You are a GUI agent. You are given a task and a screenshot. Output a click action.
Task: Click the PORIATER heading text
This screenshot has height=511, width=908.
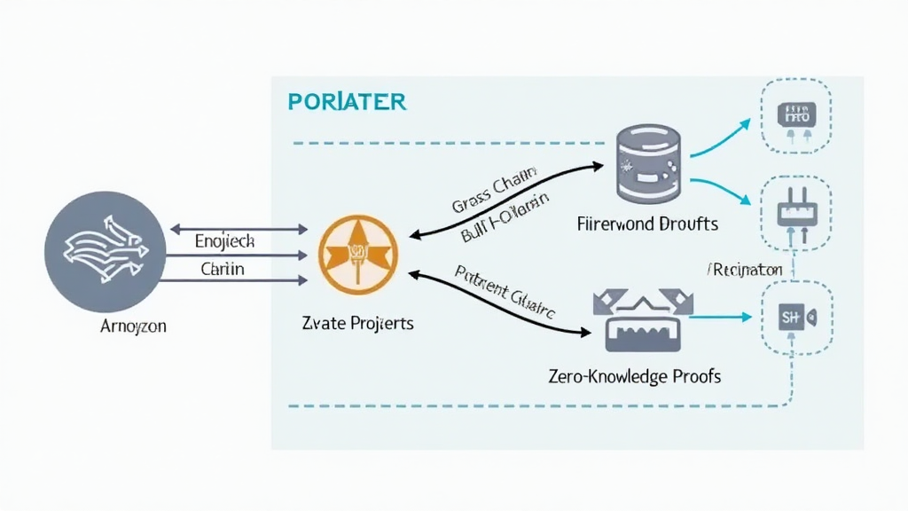(347, 101)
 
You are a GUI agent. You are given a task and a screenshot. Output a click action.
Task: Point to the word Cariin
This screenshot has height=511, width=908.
(223, 268)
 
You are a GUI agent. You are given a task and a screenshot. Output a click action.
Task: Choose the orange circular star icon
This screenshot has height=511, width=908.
(357, 255)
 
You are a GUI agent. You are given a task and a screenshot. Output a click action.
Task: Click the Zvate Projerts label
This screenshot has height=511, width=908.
(358, 323)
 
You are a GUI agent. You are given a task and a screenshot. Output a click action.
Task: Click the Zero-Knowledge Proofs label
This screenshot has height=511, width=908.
(635, 376)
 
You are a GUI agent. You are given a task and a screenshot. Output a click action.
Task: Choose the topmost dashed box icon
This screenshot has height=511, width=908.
(795, 114)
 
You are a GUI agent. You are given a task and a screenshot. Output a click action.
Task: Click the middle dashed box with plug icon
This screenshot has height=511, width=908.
(795, 210)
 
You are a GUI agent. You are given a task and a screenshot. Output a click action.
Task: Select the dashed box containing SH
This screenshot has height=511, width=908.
(795, 316)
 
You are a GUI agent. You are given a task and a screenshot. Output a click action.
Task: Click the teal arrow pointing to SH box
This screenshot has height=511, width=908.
(717, 315)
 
